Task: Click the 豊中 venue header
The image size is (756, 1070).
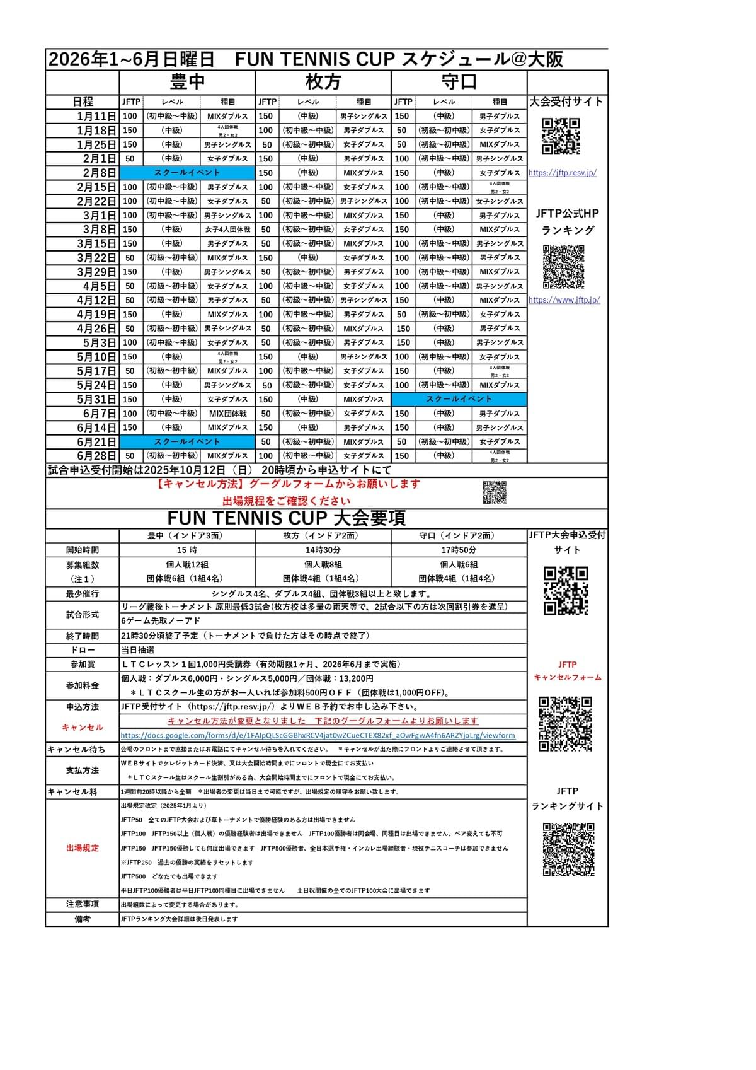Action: click(187, 82)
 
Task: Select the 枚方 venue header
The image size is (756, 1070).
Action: click(323, 82)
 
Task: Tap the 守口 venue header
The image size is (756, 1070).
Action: click(459, 82)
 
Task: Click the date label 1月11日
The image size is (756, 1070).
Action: click(96, 116)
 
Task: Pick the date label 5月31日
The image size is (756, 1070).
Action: click(96, 399)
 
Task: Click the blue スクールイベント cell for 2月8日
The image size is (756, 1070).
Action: click(187, 173)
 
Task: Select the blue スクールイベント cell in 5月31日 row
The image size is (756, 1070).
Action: click(459, 399)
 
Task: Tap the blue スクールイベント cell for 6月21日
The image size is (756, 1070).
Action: click(187, 442)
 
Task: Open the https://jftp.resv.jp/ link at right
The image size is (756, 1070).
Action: click(563, 173)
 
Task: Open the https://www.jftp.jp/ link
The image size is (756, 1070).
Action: click(564, 300)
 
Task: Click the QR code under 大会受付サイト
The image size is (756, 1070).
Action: click(561, 136)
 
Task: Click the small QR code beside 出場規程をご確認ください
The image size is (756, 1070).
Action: click(495, 492)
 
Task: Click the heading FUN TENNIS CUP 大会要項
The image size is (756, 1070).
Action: click(287, 518)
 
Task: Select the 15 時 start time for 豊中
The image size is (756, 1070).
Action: click(187, 550)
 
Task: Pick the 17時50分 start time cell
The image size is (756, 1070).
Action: click(459, 550)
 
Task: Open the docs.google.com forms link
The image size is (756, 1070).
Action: click(318, 735)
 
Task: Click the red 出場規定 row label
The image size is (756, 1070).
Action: click(83, 848)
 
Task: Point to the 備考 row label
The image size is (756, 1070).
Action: click(83, 919)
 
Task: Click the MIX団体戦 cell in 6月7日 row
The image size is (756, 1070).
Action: click(228, 414)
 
